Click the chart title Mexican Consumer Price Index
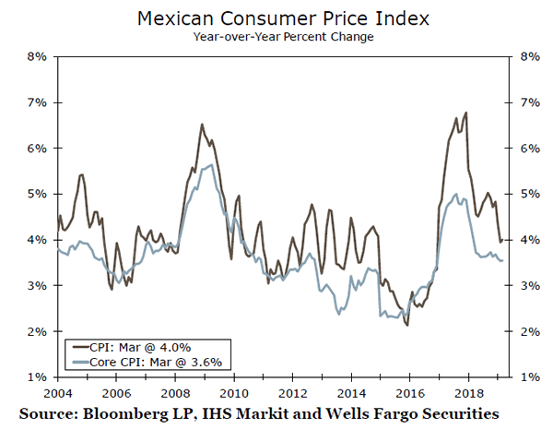[277, 18]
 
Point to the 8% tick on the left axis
[35, 56]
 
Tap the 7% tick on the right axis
[520, 102]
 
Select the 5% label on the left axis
[35, 194]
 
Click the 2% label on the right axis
[520, 331]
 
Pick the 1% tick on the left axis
[35, 377]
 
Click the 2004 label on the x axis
[57, 390]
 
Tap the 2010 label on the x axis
[233, 390]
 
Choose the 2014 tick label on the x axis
[351, 390]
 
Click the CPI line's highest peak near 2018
[466, 113]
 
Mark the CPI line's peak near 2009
[202, 124]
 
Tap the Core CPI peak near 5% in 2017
[454, 194]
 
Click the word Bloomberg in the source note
[129, 409]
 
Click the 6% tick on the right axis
[520, 148]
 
